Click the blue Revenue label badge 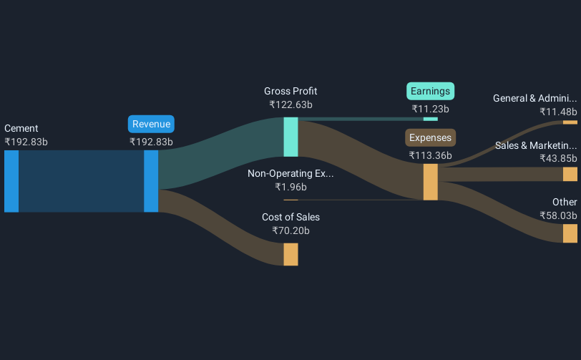pos(151,124)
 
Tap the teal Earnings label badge pos(431,91)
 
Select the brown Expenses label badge pos(430,137)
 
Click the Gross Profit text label pos(290,91)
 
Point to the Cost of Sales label pos(290,217)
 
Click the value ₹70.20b pos(290,230)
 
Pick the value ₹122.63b pos(290,104)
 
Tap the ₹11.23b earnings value pos(431,109)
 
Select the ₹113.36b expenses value pos(430,155)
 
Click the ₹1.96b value pos(290,187)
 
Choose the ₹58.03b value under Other pos(559,215)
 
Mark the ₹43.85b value pos(559,158)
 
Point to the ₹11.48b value pos(559,112)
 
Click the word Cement pos(21,128)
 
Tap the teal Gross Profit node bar pos(290,137)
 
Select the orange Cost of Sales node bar pos(290,254)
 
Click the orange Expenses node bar pos(430,182)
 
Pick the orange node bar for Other pos(570,233)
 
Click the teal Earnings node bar pos(430,118)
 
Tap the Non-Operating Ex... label pos(290,173)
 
